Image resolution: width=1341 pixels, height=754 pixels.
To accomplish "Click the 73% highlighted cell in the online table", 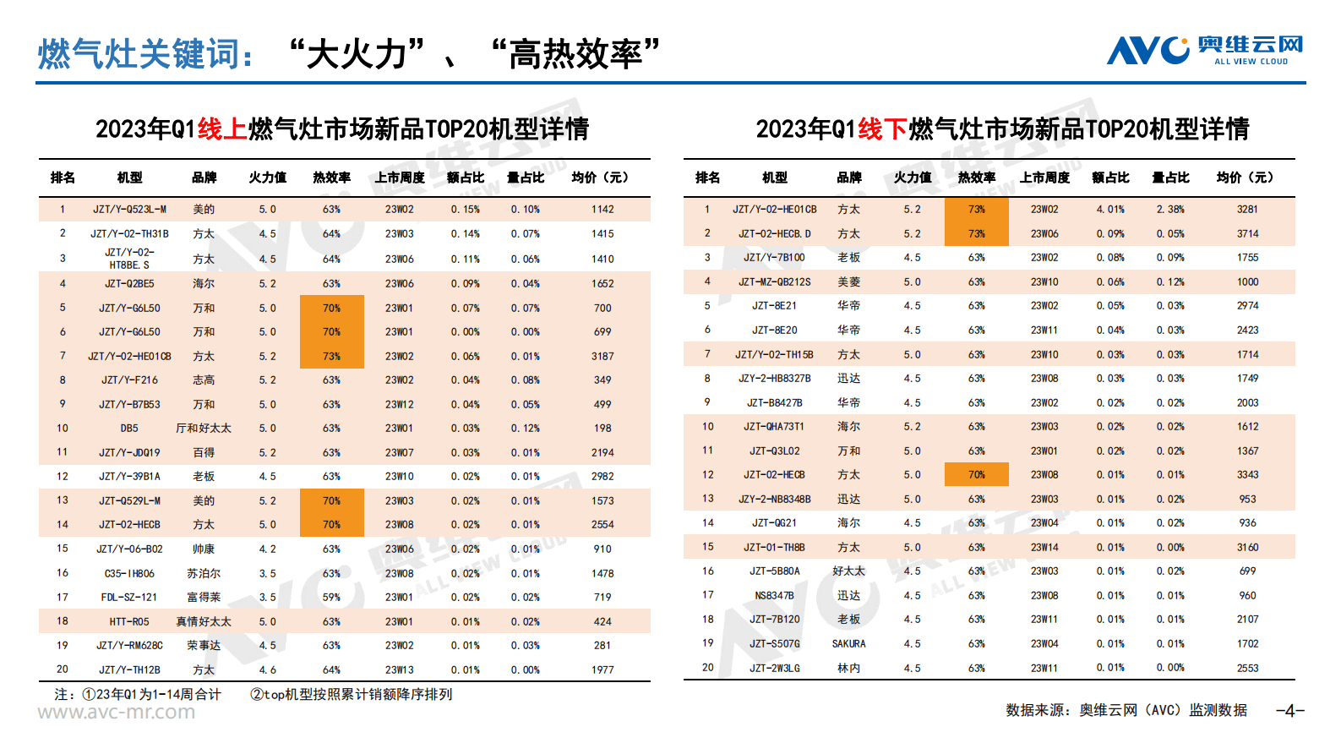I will [331, 356].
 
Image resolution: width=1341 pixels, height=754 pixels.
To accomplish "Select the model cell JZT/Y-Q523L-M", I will [129, 209].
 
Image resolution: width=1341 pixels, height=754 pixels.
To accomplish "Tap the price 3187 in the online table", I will [602, 356].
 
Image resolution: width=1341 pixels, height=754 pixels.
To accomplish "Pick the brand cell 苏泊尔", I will [204, 573].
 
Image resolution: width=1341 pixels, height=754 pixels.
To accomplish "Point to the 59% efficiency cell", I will [331, 597].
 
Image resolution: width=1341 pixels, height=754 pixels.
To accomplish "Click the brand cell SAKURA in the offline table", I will [848, 643].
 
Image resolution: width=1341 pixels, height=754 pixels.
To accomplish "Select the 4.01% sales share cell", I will [1110, 209].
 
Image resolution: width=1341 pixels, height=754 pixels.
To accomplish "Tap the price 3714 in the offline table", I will [1247, 233].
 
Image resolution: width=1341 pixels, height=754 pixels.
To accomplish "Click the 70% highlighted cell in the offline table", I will [977, 474].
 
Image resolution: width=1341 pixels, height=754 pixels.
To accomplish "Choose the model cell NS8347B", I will [774, 595].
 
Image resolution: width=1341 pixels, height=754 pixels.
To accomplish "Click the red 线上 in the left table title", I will [222, 128].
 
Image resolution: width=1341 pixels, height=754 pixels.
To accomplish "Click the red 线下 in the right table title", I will [883, 128].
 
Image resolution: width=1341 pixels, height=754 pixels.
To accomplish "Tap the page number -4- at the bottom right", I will [1289, 710].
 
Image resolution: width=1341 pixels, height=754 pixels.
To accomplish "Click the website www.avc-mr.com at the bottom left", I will [116, 712].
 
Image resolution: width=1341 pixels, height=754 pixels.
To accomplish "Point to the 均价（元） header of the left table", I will [600, 177].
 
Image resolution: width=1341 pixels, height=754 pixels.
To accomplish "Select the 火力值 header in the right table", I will [913, 177].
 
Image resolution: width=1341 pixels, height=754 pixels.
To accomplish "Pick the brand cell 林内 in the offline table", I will [848, 668].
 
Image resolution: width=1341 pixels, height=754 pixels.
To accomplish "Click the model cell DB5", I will [129, 428].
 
